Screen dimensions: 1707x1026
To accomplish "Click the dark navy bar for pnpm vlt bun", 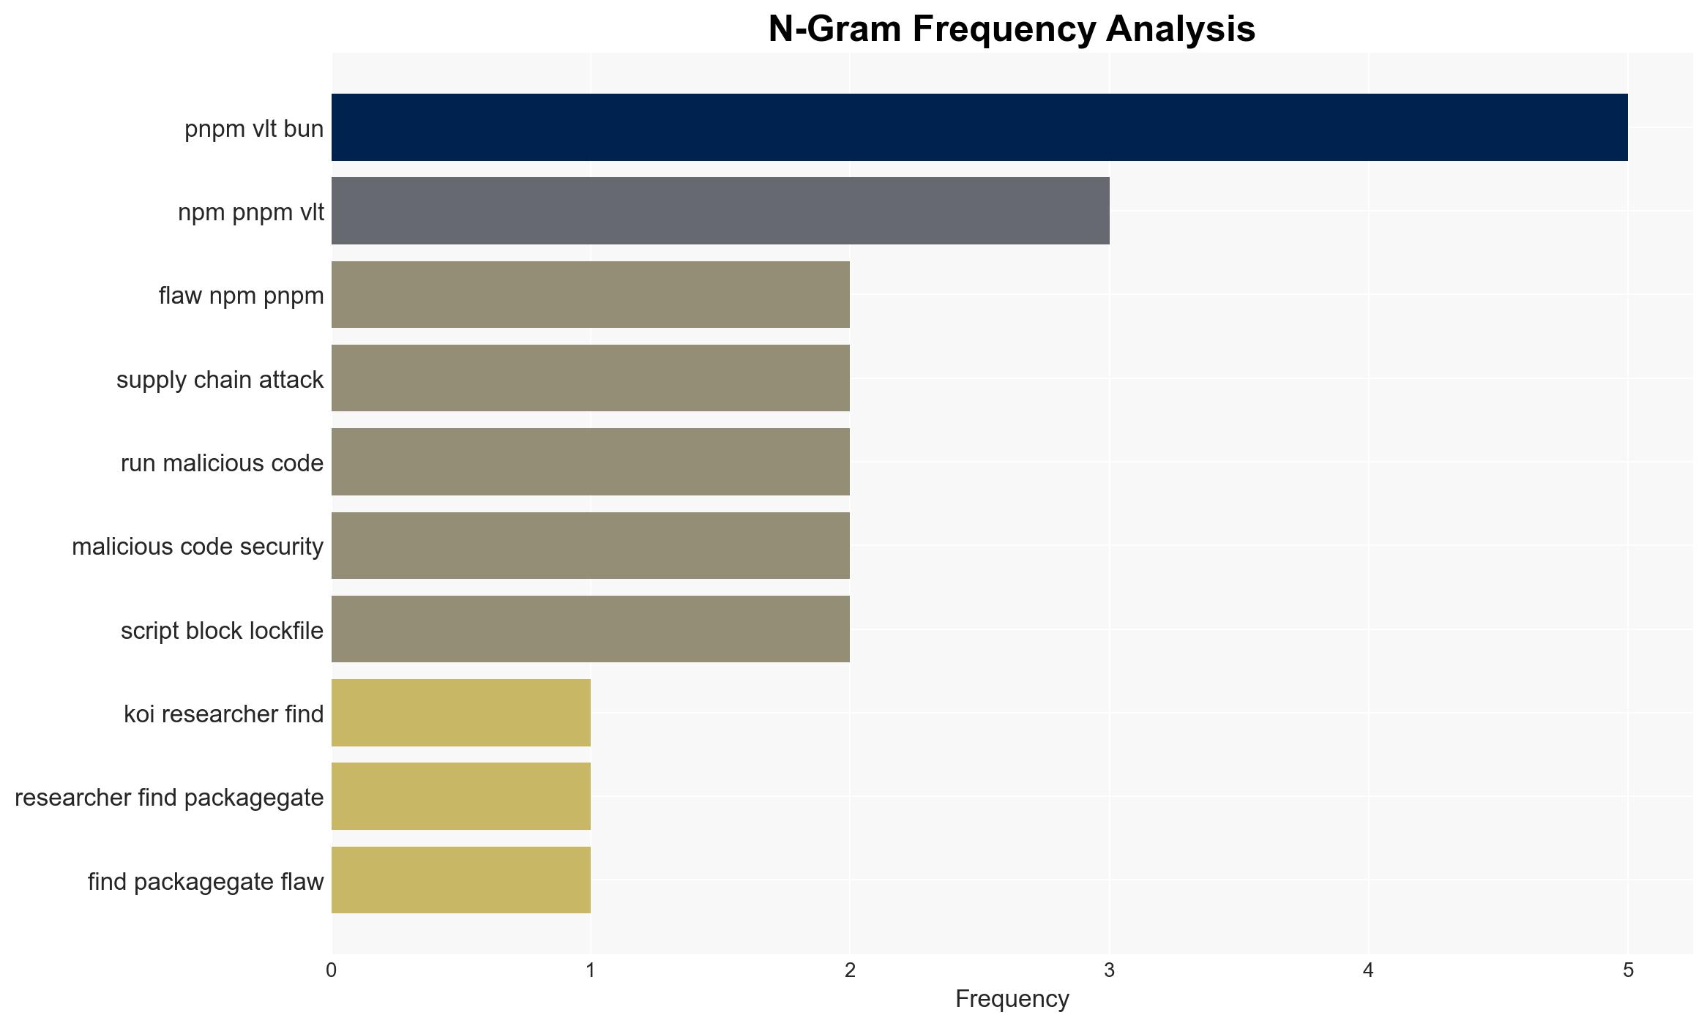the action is [979, 127].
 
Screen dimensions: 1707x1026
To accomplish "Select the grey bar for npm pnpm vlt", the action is [720, 211].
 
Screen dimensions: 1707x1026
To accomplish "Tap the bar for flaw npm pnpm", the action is [591, 294].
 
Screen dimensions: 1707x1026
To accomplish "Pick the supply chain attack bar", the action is [591, 378].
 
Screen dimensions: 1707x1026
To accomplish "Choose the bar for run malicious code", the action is [591, 462].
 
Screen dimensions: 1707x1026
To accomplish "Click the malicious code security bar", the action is [591, 545].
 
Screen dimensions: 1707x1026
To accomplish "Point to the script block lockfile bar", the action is [591, 629].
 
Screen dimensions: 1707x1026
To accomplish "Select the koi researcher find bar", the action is [461, 713].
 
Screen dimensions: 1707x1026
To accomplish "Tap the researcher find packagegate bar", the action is [461, 796].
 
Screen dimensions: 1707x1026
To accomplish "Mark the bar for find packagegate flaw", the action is [461, 880].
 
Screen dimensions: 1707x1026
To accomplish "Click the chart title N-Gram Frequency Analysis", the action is [1012, 29].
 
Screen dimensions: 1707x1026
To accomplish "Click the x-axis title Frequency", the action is [1012, 999].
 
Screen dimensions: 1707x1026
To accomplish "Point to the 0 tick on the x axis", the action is [332, 970].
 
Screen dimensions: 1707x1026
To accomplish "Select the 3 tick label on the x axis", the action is [1110, 970].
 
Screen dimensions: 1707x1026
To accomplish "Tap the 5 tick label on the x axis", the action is [1628, 970].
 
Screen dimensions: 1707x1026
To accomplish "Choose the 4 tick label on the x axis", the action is [1369, 970].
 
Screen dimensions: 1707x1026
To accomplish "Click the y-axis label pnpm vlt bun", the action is [254, 129].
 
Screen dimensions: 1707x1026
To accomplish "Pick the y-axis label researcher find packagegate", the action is [169, 798].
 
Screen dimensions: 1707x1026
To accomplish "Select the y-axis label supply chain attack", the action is [220, 380].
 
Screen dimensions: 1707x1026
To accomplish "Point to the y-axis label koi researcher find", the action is [223, 714].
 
